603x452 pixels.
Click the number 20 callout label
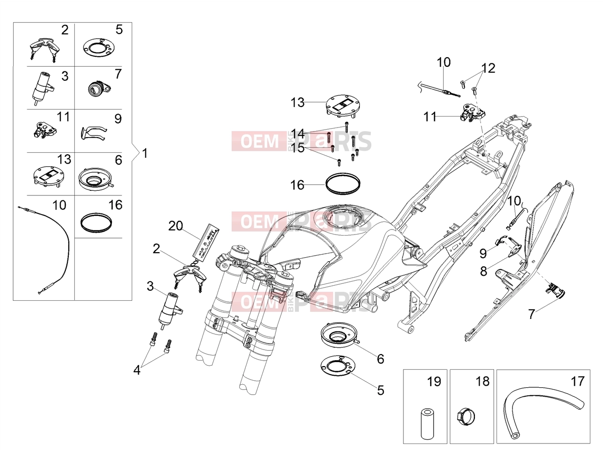tap(175, 226)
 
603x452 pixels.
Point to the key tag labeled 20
tap(206, 241)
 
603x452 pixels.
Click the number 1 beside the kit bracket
tap(145, 153)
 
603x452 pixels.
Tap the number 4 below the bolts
tap(137, 370)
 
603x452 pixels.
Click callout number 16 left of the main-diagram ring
tap(297, 185)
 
